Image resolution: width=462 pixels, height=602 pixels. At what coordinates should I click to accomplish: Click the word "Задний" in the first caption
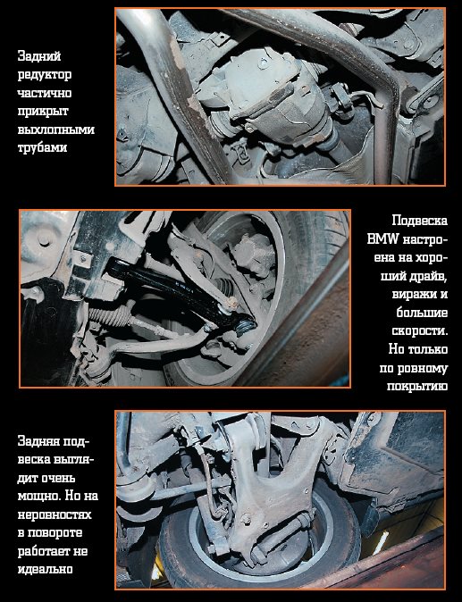39,56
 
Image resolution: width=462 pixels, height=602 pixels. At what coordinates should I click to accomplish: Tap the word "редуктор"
45,74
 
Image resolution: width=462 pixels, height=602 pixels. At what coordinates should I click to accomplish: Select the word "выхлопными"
56,130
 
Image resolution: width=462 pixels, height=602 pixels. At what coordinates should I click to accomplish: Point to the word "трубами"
42,147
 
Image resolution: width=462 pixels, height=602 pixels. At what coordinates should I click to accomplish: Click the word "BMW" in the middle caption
382,239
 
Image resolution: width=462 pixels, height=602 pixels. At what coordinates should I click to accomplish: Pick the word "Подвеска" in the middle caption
420,221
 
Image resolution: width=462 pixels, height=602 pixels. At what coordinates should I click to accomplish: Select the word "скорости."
420,331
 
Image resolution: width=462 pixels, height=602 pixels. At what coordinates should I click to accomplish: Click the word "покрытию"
417,386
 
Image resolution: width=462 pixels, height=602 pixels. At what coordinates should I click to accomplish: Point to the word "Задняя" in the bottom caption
38,441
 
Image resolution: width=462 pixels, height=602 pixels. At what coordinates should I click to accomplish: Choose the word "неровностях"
55,514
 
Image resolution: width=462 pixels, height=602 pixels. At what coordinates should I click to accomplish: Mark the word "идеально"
45,569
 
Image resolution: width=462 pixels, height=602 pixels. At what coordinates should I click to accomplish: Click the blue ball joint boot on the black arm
246,325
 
